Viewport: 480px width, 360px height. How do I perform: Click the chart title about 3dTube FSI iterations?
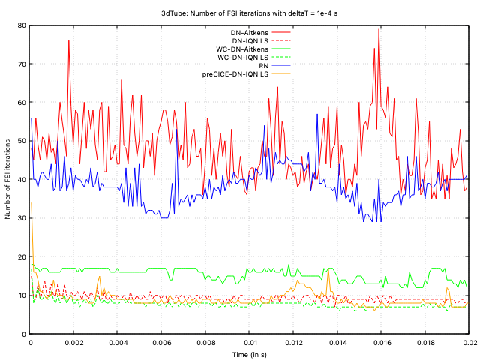[240, 13]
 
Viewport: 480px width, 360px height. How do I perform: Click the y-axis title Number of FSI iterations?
[8, 179]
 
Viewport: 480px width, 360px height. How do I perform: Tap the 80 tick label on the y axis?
[20, 25]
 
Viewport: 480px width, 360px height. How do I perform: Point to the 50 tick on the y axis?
[20, 141]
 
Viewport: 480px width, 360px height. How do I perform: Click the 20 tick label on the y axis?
[20, 256]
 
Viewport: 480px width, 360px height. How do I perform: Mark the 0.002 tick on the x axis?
[73, 342]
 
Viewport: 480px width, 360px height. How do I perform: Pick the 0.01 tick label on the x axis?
[248, 342]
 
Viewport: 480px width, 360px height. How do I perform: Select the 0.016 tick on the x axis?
[379, 342]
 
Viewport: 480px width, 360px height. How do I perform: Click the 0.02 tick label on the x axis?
[466, 342]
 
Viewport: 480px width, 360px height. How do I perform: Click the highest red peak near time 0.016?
[379, 30]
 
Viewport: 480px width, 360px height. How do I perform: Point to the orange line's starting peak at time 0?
[31, 202]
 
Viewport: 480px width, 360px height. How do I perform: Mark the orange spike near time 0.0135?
[328, 268]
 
